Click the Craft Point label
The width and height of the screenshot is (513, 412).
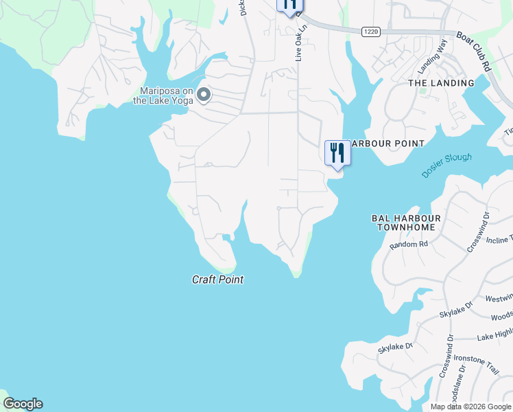(x=217, y=279)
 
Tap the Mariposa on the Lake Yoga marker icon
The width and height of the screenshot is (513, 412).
(x=203, y=95)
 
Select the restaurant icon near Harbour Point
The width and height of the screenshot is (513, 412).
(x=337, y=152)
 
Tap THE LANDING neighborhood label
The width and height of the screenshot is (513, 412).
(x=441, y=83)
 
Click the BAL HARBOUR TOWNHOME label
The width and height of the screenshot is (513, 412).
(x=406, y=222)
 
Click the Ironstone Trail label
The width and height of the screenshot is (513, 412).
(x=490, y=360)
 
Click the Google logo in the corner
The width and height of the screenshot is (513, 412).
(x=23, y=404)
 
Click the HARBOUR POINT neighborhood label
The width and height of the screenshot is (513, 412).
(x=387, y=144)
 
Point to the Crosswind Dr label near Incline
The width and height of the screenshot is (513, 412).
(x=478, y=233)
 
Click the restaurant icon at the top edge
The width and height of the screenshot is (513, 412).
(x=289, y=5)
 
